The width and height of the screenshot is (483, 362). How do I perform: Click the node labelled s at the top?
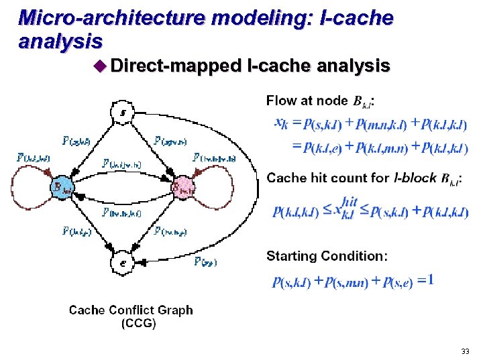coord(121,111)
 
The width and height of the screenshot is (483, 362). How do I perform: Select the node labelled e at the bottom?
coord(121,262)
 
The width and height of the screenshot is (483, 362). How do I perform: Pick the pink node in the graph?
coord(182,187)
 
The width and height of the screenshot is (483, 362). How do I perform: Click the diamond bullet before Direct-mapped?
coord(101,66)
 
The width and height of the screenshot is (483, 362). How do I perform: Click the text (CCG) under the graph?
coord(138,323)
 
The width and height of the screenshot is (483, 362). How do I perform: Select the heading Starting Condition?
coord(327,256)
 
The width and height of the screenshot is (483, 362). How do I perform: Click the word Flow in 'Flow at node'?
coord(280,101)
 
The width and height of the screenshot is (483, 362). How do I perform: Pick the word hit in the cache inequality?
coord(350,201)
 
